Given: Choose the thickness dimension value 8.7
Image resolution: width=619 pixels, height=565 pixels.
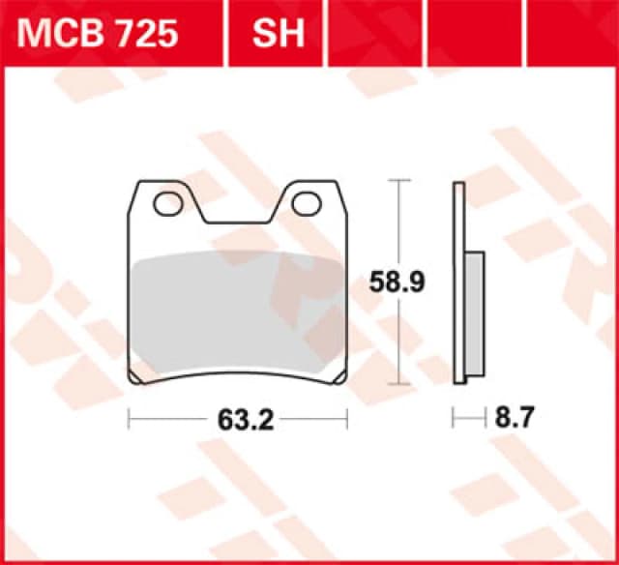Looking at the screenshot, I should (514, 419).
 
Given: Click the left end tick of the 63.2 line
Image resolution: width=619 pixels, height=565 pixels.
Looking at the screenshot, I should (130, 419).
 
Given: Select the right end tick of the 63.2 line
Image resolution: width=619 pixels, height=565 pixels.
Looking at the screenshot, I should (346, 419).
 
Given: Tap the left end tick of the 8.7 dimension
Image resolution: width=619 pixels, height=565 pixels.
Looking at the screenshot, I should (454, 419).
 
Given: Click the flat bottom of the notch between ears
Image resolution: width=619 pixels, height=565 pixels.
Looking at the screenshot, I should (237, 223).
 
